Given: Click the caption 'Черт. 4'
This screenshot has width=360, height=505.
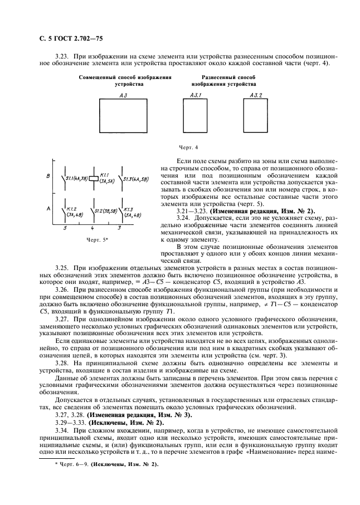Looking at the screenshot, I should pyautogui.click(x=188, y=148).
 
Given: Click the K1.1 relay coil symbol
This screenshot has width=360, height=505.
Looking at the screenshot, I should pyautogui.click(x=94, y=179).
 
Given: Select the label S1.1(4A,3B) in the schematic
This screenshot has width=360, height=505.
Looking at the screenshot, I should pyautogui.click(x=76, y=178).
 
